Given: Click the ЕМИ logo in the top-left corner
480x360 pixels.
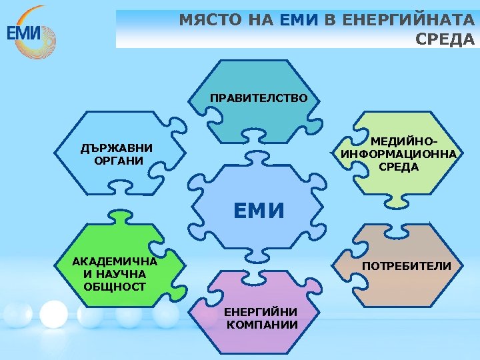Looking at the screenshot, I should pos(31,29).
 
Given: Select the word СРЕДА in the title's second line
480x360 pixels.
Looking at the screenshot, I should pos(445,39).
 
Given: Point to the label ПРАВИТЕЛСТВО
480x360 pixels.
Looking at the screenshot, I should pos(259,98).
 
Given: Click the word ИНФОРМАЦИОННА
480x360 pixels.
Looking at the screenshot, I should pos(399,154).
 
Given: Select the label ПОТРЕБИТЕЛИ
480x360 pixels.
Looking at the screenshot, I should pos(406,266).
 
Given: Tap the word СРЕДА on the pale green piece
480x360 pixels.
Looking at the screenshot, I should pos(398,167).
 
